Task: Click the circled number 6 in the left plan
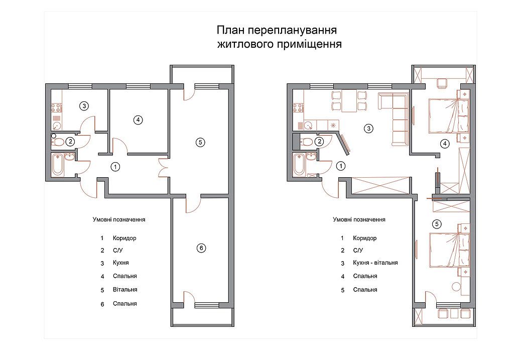pos(201,248)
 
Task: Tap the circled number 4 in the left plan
pos(138,120)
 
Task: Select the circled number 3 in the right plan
pos(369,128)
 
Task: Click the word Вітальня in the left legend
pos(125,290)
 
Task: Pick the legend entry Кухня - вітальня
pos(375,263)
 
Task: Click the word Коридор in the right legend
pos(364,238)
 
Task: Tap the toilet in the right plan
pos(306,142)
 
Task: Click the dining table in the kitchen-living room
pos(349,100)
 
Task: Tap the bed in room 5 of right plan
pos(448,250)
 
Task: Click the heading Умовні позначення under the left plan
pos(119,219)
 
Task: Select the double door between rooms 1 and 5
pos(163,168)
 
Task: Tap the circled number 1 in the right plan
pos(341,166)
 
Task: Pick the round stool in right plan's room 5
pos(456,286)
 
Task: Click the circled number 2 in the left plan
pos(70,142)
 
